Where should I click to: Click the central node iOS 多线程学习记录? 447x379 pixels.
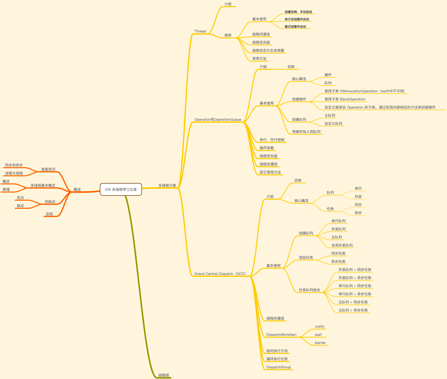pyautogui.click(x=121, y=189)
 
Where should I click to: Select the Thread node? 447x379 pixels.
pyautogui.click(x=200, y=31)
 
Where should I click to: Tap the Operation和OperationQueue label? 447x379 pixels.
pyautogui.click(x=218, y=119)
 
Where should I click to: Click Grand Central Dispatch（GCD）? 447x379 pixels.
pyautogui.click(x=220, y=274)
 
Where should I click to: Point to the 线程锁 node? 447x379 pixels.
pyautogui.click(x=164, y=375)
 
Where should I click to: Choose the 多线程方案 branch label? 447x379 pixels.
pyautogui.click(x=167, y=185)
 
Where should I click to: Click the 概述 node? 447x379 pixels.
pyautogui.click(x=77, y=189)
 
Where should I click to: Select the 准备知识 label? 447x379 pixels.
pyautogui.click(x=48, y=169)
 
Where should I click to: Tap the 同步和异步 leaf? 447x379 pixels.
pyautogui.click(x=14, y=165)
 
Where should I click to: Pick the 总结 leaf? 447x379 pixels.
pyautogui.click(x=49, y=214)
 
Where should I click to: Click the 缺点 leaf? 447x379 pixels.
pyautogui.click(x=20, y=206)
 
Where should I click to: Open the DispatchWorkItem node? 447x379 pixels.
pyautogui.click(x=281, y=335)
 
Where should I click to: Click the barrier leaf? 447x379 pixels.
pyautogui.click(x=320, y=343)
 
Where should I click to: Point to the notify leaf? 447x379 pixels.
pyautogui.click(x=319, y=326)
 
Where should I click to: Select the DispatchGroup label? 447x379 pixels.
pyautogui.click(x=279, y=367)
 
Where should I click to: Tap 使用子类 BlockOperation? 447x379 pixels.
pyautogui.click(x=345, y=99)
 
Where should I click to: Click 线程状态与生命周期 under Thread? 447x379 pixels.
pyautogui.click(x=268, y=50)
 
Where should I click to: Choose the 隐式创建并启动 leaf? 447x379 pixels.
pyautogui.click(x=295, y=27)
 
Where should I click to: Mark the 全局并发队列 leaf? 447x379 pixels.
pyautogui.click(x=342, y=245)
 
